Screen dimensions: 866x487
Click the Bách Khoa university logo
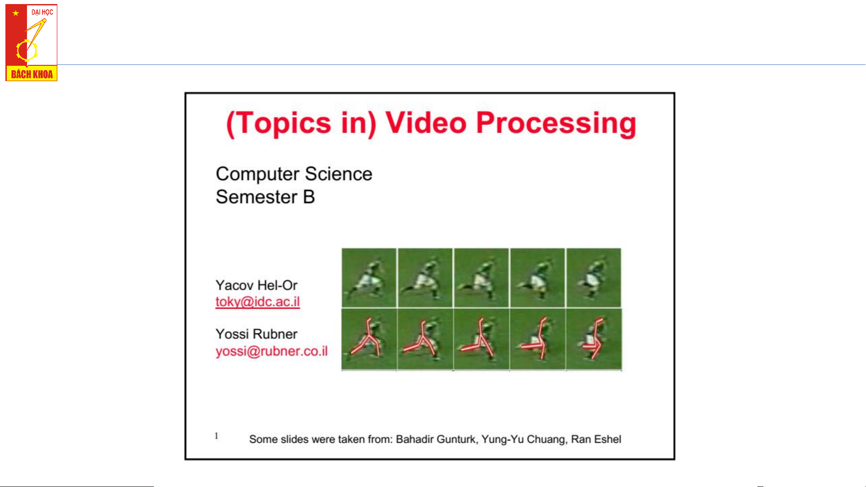tap(31, 43)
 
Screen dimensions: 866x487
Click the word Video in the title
tap(426, 123)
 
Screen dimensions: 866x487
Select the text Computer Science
tap(294, 174)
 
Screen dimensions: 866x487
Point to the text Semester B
tap(265, 197)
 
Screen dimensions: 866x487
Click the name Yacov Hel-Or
tap(256, 285)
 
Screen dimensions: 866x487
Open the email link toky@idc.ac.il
tap(257, 302)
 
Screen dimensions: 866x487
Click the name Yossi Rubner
tap(256, 334)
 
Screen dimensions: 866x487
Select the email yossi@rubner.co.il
tap(271, 351)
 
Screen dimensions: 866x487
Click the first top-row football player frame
tap(369, 278)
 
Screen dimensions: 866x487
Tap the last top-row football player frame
tap(594, 278)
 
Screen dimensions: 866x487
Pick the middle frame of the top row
tap(481, 278)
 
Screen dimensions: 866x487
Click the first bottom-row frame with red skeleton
tap(369, 339)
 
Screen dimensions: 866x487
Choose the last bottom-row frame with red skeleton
tap(594, 339)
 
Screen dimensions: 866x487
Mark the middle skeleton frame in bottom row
tap(481, 339)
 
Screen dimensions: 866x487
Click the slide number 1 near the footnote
tap(216, 436)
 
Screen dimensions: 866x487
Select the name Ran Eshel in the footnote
tap(596, 439)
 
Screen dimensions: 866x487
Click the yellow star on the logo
tap(16, 13)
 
